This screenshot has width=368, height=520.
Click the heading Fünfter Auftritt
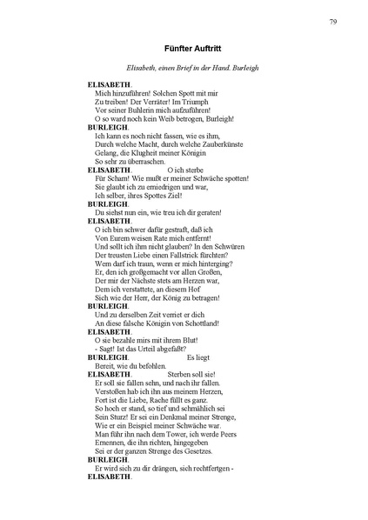click(184, 50)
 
